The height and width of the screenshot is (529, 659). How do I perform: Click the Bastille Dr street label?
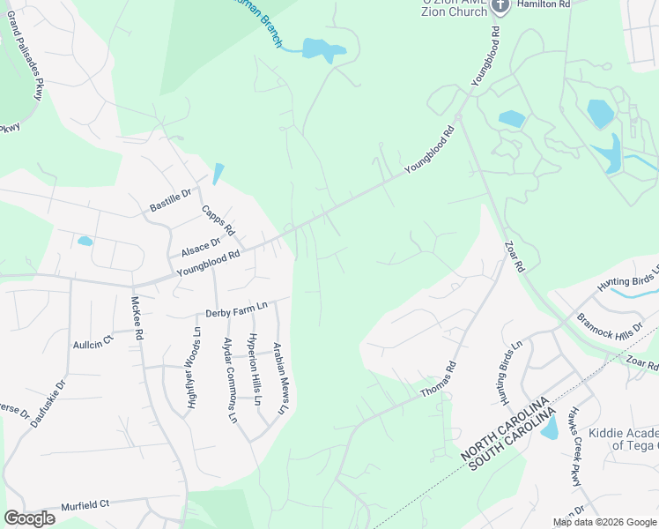point(170,200)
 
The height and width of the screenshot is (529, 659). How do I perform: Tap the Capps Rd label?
point(218,221)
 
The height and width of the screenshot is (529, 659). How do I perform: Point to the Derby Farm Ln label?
point(235,310)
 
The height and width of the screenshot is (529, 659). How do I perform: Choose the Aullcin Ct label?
point(93,340)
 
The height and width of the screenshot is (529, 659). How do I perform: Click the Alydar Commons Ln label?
point(229,379)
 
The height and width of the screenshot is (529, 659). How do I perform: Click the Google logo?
point(29,518)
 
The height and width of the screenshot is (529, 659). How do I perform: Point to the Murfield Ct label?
point(85,505)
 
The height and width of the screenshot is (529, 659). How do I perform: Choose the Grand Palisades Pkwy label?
point(26,67)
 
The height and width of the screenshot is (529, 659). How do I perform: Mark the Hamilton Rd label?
point(544,4)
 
